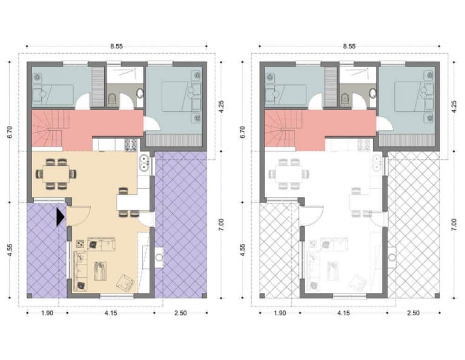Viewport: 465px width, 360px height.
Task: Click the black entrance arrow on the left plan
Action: pos(60,217)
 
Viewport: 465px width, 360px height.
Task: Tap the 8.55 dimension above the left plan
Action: pos(116,46)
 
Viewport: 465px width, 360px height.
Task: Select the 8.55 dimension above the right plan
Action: pos(349,46)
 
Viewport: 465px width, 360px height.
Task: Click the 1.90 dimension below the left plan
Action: pos(47,313)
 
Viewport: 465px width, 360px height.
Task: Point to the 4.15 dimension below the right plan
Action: pos(343,313)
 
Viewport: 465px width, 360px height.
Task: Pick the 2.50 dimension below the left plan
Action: pos(180,313)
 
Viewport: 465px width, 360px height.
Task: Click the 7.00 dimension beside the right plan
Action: pos(454,225)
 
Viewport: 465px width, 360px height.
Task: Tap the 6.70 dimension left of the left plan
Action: pos(10,132)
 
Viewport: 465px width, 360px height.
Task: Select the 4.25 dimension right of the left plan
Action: pos(221,106)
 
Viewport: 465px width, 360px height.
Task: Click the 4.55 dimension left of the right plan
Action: pos(243,250)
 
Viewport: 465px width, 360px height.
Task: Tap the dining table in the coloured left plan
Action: pos(56,174)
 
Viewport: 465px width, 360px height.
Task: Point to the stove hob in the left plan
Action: pos(131,144)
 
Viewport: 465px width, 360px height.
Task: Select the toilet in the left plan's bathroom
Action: pos(112,99)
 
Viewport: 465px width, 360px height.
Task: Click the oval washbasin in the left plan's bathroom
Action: pos(140,93)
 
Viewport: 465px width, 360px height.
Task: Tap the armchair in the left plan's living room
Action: pos(125,283)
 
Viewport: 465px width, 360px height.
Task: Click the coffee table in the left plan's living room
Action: pos(101,271)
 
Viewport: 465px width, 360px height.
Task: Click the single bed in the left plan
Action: pos(53,95)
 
